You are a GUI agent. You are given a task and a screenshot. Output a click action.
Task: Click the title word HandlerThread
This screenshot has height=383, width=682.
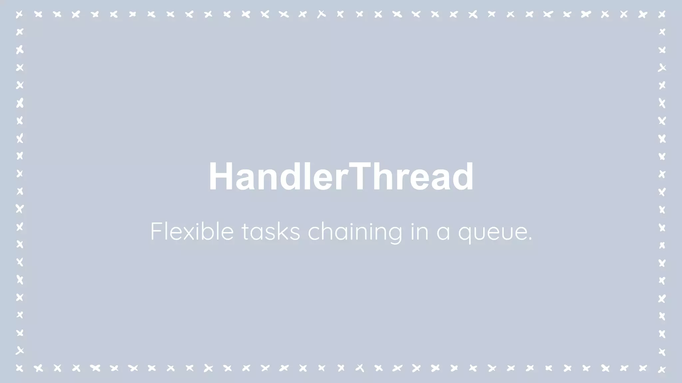[x=341, y=177]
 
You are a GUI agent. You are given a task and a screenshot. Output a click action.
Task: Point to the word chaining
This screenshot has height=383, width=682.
[x=355, y=232]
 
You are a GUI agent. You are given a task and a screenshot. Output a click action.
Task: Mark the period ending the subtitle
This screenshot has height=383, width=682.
[x=530, y=239]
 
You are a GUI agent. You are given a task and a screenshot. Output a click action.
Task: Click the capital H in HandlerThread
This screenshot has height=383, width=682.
[x=220, y=177]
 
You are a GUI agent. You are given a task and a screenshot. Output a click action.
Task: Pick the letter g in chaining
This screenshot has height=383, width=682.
[x=395, y=234]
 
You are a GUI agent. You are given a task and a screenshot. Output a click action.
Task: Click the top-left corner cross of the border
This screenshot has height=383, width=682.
[x=20, y=14]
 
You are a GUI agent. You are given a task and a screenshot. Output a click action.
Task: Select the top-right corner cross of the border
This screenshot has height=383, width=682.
[x=662, y=14]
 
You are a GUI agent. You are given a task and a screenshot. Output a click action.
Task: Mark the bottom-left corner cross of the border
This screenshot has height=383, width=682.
[x=20, y=368]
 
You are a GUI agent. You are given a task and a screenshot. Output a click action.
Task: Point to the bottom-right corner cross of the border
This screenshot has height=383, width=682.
[x=662, y=369]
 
